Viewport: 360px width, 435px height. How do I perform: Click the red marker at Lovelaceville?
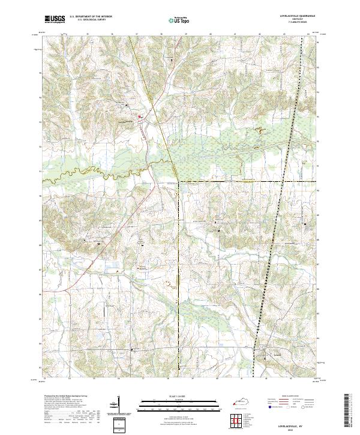[x=140, y=116]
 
